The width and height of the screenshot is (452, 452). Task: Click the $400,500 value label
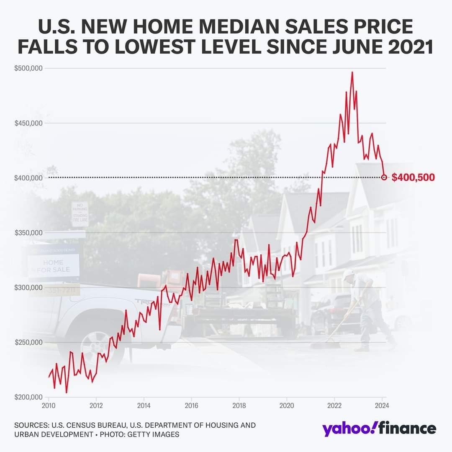click(413, 178)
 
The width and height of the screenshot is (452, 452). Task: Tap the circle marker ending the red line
click(384, 178)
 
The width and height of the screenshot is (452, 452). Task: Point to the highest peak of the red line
click(352, 72)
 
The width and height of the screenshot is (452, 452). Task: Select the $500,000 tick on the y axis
click(29, 68)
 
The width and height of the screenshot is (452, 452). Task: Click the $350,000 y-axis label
click(29, 233)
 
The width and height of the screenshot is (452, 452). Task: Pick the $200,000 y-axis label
click(29, 397)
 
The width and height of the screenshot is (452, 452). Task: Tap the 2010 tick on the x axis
click(49, 406)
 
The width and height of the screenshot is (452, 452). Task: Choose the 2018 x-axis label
click(239, 406)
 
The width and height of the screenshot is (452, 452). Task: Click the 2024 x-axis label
click(382, 406)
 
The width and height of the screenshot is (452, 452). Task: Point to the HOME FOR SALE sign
click(53, 266)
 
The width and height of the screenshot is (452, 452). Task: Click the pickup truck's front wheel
click(96, 346)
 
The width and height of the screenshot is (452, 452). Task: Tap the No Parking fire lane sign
click(80, 214)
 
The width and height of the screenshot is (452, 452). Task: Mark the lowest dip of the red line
click(66, 393)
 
